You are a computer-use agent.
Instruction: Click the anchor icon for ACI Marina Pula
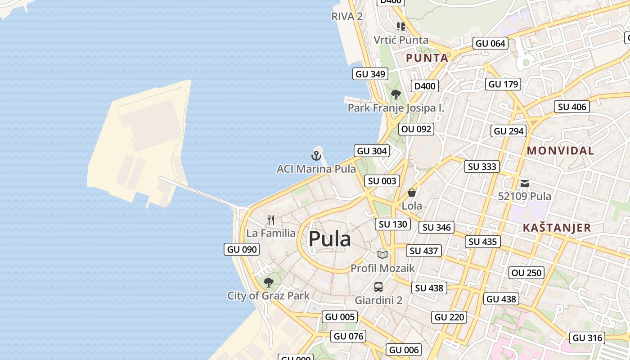316,156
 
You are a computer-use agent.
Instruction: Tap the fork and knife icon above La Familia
271,220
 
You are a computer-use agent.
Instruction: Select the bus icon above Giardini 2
378,287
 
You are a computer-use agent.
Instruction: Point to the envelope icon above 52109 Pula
525,184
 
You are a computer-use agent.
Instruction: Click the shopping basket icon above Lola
412,193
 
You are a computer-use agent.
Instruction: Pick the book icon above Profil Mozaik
382,255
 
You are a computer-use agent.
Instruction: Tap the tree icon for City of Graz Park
269,283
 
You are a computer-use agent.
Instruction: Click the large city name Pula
330,239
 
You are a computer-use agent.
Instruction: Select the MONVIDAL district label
560,151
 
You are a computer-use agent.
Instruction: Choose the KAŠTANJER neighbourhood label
557,228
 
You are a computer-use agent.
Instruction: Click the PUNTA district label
427,58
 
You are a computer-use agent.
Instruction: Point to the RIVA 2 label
347,17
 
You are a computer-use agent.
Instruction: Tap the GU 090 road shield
242,249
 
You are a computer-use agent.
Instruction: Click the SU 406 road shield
572,107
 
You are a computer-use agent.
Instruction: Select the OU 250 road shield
527,273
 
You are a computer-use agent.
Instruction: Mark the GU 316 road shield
588,338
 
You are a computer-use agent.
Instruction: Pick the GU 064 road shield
490,44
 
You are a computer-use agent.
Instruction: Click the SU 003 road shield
382,181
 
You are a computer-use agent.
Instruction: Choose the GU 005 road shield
340,317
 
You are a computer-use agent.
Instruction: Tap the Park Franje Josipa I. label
396,108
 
